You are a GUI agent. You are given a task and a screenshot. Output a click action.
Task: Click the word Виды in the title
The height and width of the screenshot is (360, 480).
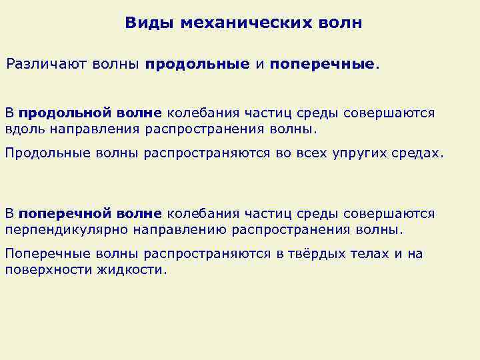click(x=144, y=23)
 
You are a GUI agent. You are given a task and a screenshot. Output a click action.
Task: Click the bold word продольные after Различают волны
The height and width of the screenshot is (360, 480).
click(x=198, y=65)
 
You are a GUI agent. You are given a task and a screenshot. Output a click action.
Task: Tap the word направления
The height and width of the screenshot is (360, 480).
click(x=93, y=129)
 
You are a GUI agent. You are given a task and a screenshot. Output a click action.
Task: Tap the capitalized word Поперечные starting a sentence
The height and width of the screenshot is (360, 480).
click(x=48, y=253)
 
